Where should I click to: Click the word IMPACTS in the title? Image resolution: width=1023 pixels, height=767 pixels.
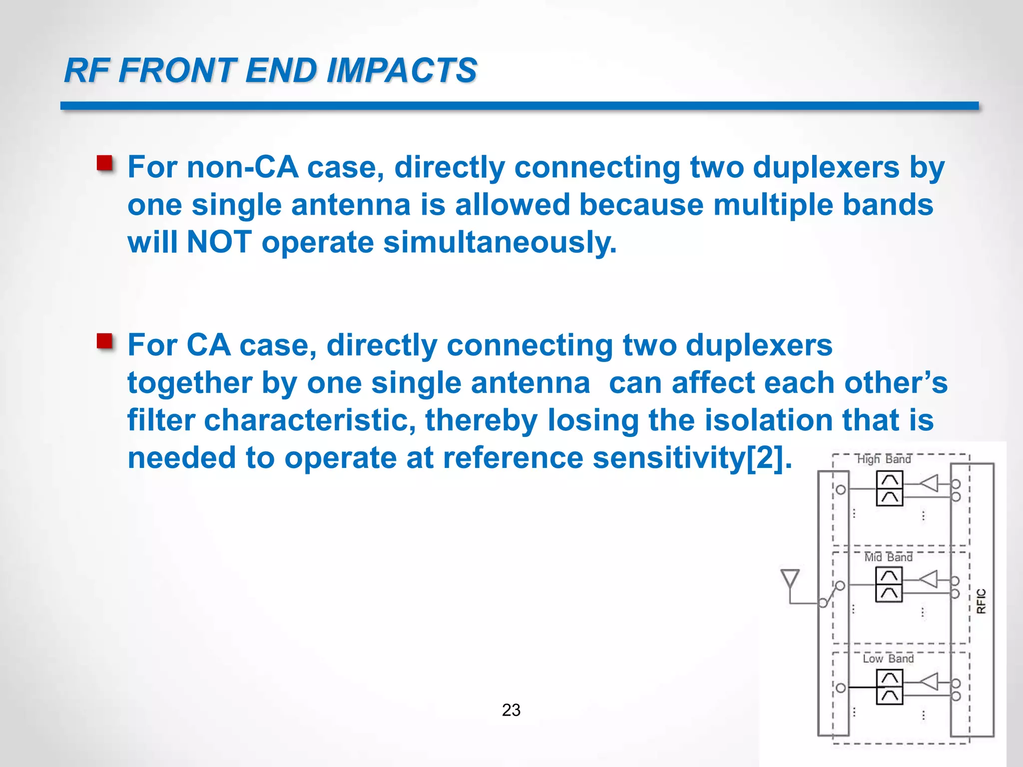(402, 70)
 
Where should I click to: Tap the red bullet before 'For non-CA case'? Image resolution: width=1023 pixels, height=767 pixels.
(105, 163)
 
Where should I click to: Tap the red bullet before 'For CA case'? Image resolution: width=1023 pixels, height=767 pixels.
(105, 342)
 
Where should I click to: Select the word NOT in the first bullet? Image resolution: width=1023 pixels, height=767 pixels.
(219, 242)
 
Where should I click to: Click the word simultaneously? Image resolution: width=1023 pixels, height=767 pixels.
(500, 243)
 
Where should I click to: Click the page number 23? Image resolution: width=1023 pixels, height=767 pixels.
(511, 710)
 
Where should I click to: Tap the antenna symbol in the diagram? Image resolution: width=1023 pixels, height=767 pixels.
(790, 579)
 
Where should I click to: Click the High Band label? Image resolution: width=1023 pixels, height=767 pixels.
(884, 459)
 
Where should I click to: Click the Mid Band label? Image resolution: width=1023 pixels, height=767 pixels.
(888, 557)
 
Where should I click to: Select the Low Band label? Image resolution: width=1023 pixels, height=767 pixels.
(888, 659)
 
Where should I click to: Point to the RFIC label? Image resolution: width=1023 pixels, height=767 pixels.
(981, 601)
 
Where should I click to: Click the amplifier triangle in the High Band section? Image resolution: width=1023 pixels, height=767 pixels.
(930, 483)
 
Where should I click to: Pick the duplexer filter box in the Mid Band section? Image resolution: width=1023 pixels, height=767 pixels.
(889, 585)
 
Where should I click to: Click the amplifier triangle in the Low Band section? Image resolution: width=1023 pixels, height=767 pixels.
(930, 682)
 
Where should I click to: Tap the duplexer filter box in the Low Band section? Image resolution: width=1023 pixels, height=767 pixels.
(889, 687)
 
